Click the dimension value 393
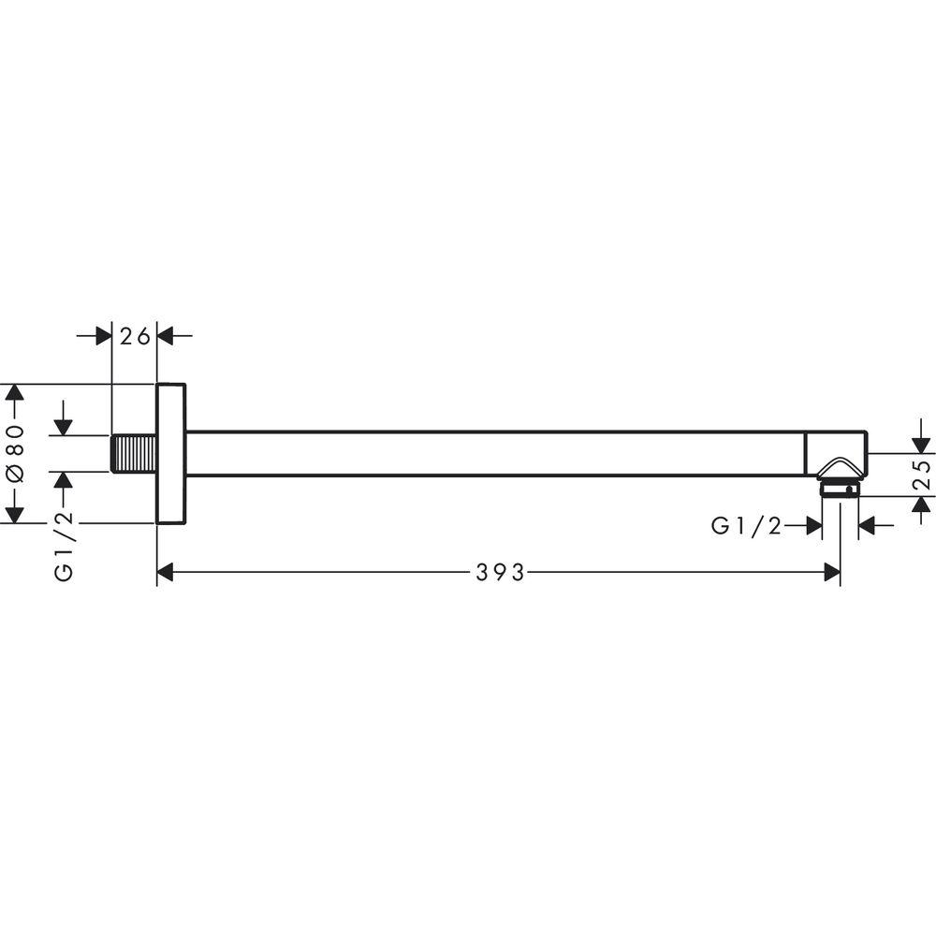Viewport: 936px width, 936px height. [x=500, y=573]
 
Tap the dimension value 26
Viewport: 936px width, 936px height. [x=135, y=337]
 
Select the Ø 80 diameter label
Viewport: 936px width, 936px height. [x=15, y=453]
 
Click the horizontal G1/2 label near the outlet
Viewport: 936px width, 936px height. [x=746, y=526]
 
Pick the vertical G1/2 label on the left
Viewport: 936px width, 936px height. [x=64, y=547]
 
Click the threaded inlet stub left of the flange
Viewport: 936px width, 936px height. [x=134, y=454]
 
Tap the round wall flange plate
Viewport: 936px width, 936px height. [x=171, y=454]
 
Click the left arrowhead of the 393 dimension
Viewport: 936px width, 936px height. [x=165, y=573]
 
